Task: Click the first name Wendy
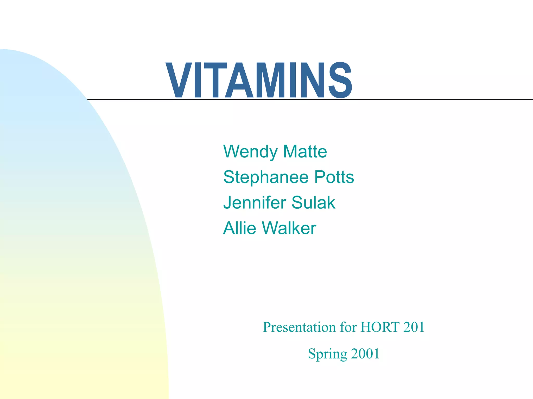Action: (x=251, y=152)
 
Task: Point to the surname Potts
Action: (x=334, y=177)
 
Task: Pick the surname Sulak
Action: (x=313, y=203)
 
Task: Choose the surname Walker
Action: (x=289, y=228)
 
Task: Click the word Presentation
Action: (x=299, y=327)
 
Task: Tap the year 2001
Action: (x=365, y=354)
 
